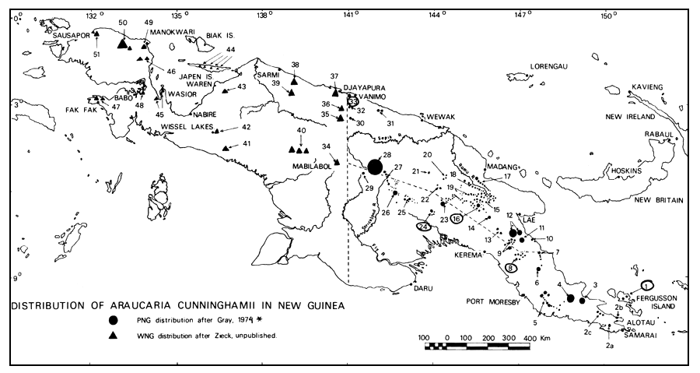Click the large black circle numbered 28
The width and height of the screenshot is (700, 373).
[x=375, y=167]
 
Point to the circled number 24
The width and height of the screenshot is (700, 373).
[x=424, y=227]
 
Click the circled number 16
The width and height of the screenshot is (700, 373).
[x=457, y=220]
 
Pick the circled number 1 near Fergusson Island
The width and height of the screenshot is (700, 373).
[x=649, y=285]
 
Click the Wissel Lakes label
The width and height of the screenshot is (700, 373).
[x=185, y=127]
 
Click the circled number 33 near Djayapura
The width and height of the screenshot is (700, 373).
[x=353, y=101]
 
